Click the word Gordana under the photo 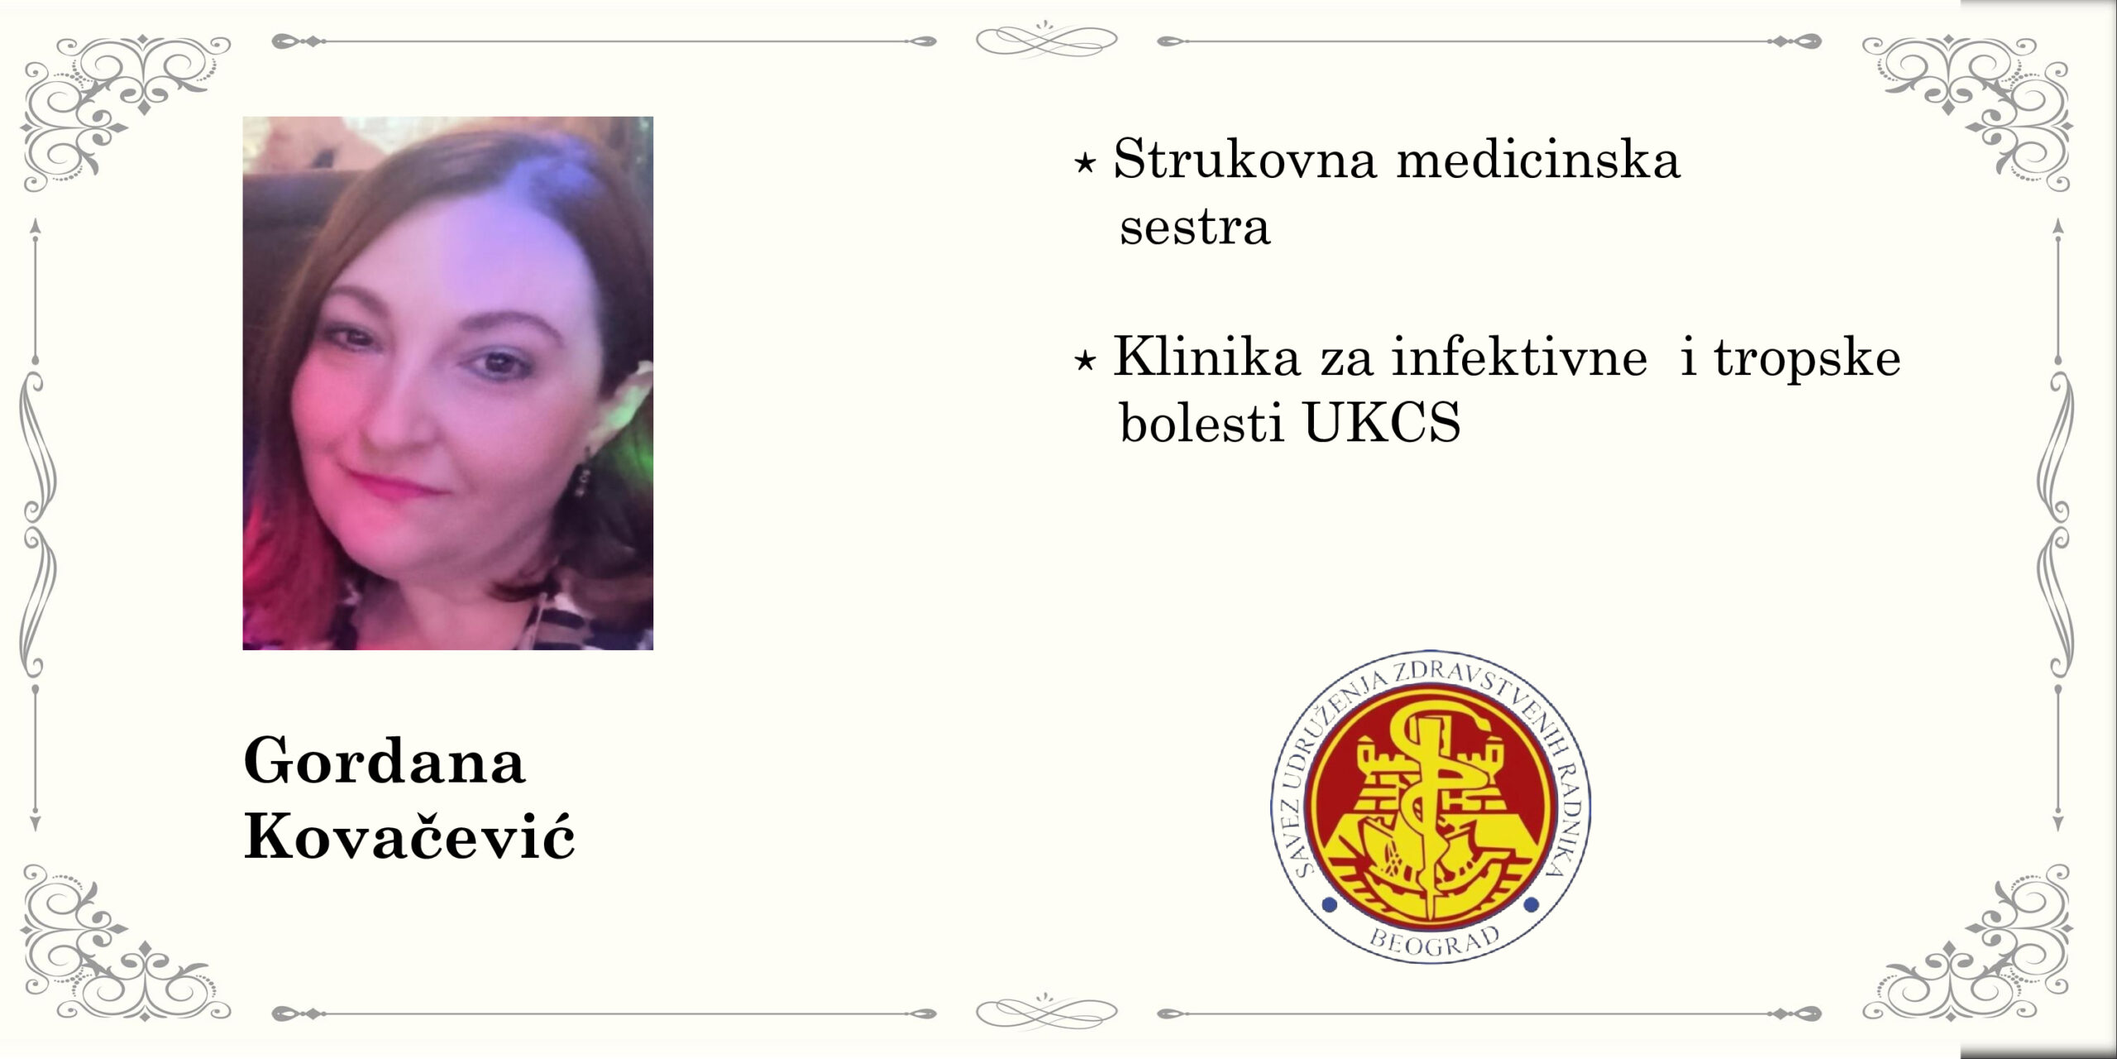[x=385, y=761]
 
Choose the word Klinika [x=1207, y=357]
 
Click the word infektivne [x=1520, y=357]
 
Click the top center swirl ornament [x=1046, y=39]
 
